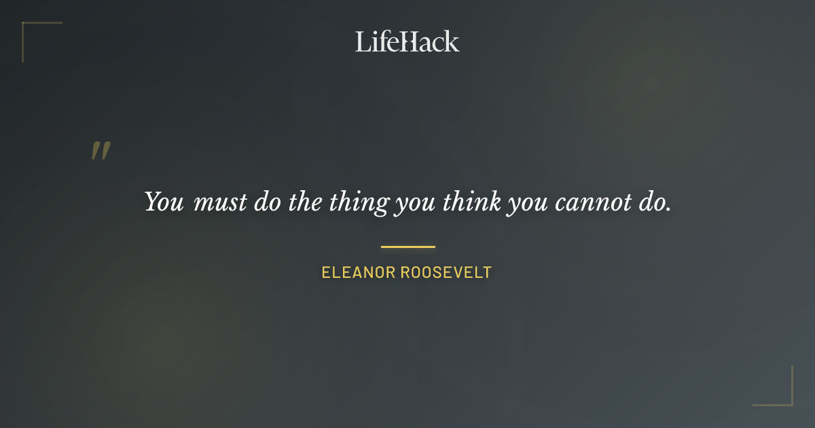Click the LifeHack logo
pyautogui.click(x=407, y=41)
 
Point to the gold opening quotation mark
pyautogui.click(x=101, y=151)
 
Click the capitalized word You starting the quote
pyautogui.click(x=164, y=202)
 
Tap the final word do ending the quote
pyautogui.click(x=651, y=202)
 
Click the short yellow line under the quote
pyautogui.click(x=407, y=247)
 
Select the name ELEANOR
pyautogui.click(x=358, y=273)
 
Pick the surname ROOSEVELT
pyautogui.click(x=446, y=273)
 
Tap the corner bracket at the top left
pyautogui.click(x=27, y=27)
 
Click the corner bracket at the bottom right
pyautogui.click(x=788, y=401)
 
